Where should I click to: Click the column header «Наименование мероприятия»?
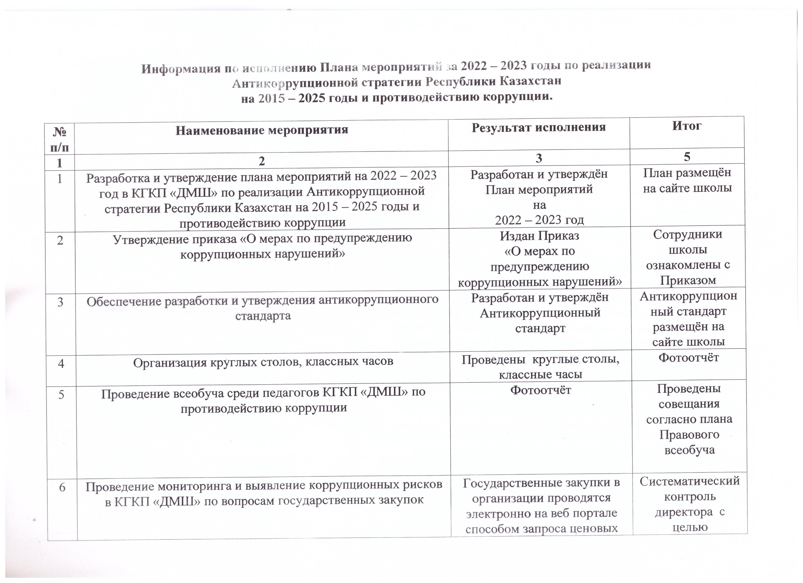[x=262, y=130]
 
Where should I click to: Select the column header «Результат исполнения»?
[x=539, y=127]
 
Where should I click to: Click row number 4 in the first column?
[x=61, y=363]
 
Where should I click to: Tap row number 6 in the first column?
[x=62, y=488]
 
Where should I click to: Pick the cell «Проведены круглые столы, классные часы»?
[x=540, y=367]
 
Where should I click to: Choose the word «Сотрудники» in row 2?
[x=687, y=234]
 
